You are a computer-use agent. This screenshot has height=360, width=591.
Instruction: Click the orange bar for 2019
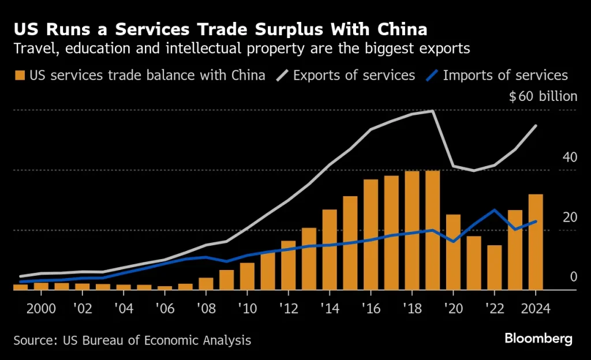[x=432, y=230]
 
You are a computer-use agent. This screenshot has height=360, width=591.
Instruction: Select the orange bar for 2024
[x=536, y=242]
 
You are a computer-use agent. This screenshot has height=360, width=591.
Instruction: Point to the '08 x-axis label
[x=205, y=307]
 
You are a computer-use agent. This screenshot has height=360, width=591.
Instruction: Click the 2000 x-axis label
[x=42, y=307]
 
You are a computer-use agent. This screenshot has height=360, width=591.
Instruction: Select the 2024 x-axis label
[x=536, y=307]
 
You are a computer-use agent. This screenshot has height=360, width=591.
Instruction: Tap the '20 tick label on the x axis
[x=452, y=307]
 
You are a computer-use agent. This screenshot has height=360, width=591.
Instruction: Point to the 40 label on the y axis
[x=569, y=157]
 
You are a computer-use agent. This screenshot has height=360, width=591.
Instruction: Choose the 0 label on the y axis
[x=574, y=277]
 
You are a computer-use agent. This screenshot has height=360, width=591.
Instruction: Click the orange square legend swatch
[x=20, y=75]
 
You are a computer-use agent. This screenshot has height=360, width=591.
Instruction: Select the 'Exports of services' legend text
[x=354, y=75]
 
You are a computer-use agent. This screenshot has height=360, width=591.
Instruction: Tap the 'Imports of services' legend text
[x=506, y=75]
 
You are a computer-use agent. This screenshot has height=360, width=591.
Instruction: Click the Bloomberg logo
[x=538, y=339]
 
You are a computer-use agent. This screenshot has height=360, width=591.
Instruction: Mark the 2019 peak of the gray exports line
[x=433, y=110]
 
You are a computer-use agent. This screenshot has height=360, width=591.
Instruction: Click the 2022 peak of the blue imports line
[x=495, y=210]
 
